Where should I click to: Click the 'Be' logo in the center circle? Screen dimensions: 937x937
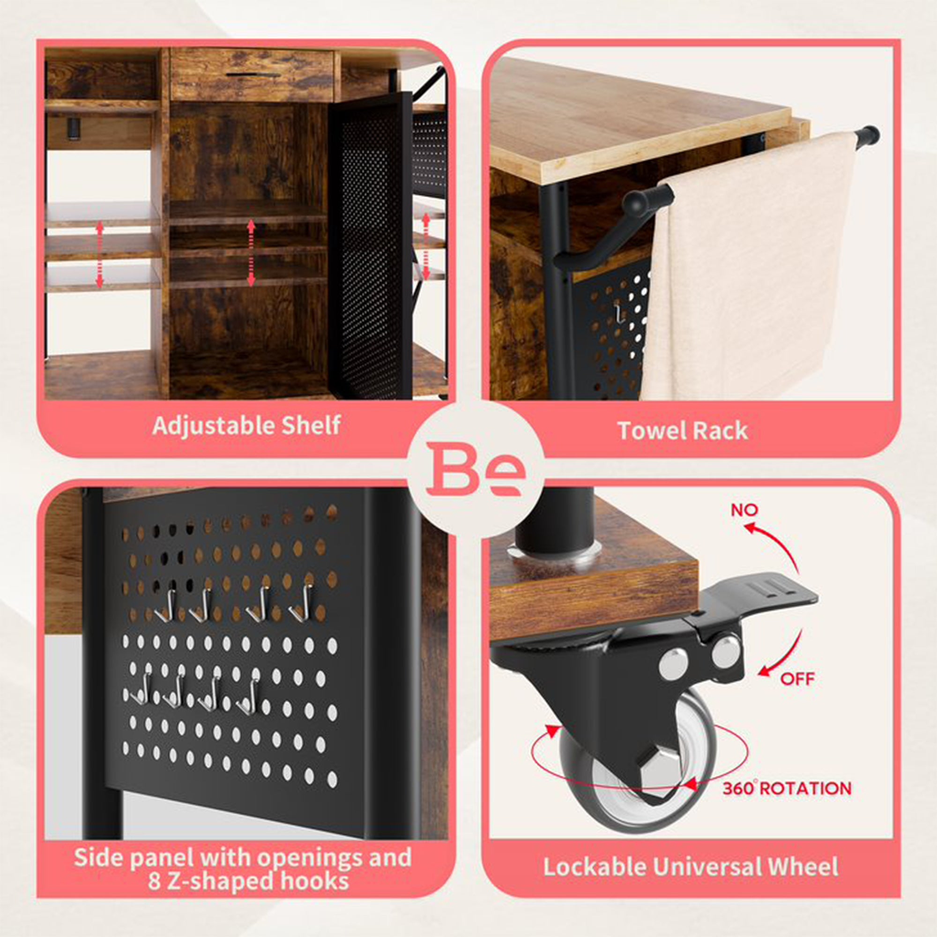tap(475, 469)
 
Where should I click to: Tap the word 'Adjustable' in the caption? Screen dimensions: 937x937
tap(207, 425)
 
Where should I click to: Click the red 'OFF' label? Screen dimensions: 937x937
tap(797, 678)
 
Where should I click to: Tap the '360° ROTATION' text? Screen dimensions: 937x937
tap(787, 788)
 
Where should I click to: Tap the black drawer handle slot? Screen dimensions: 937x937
tap(253, 75)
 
